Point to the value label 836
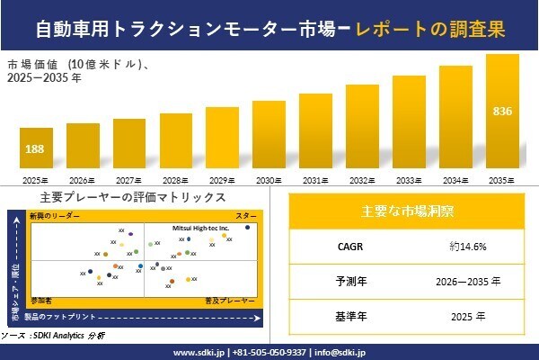(x=503, y=112)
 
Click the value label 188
(x=37, y=148)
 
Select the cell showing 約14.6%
(x=467, y=245)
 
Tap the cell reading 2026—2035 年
(x=467, y=281)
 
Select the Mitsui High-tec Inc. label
(x=200, y=229)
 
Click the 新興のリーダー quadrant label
(x=55, y=217)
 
